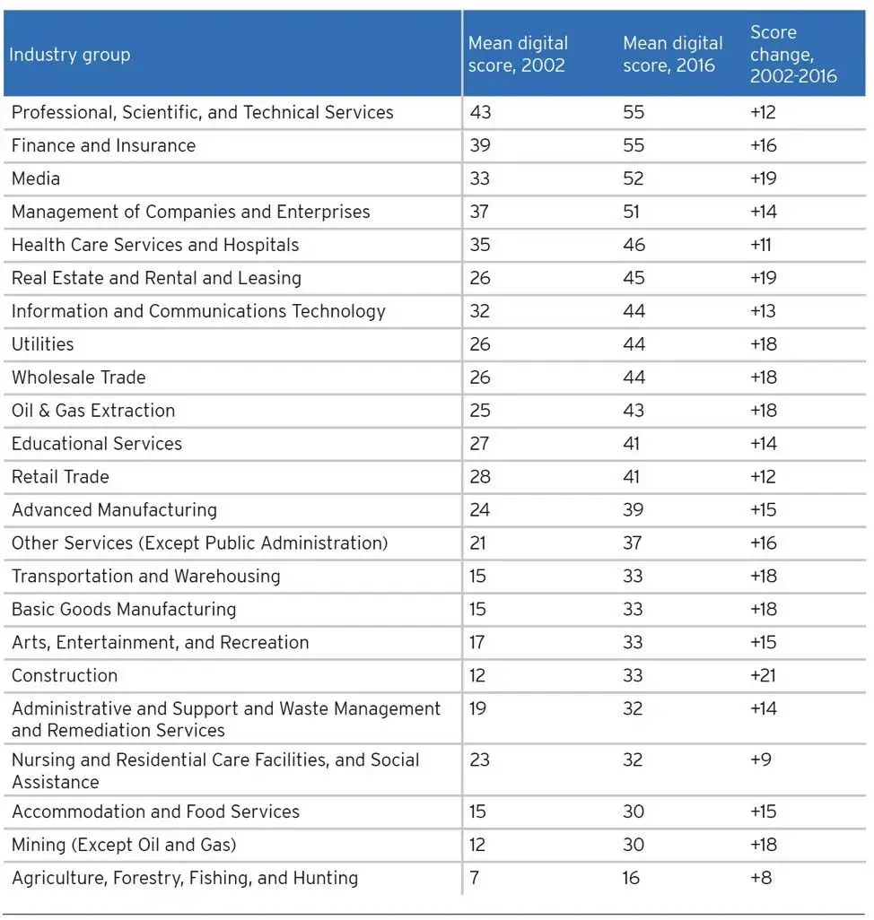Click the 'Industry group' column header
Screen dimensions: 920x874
pyautogui.click(x=69, y=55)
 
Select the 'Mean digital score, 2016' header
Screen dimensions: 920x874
pyautogui.click(x=672, y=55)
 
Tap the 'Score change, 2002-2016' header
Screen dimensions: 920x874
pyautogui.click(x=793, y=55)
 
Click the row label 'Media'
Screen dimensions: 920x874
pyautogui.click(x=36, y=178)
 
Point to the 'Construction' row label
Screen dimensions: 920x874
pyautogui.click(x=65, y=675)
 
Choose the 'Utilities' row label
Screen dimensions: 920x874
pyautogui.click(x=43, y=344)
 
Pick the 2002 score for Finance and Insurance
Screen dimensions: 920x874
pyautogui.click(x=480, y=145)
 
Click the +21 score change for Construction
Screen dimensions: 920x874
pyautogui.click(x=764, y=675)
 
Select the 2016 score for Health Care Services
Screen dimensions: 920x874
pyautogui.click(x=634, y=245)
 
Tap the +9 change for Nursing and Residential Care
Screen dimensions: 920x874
pyautogui.click(x=760, y=759)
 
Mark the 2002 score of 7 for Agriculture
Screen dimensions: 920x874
pyautogui.click(x=475, y=878)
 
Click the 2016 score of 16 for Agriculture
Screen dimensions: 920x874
pyautogui.click(x=632, y=878)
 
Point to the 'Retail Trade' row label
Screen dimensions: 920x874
pyautogui.click(x=60, y=477)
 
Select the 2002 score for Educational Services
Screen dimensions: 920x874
pyautogui.click(x=480, y=444)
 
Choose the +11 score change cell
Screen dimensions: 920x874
pyautogui.click(x=761, y=245)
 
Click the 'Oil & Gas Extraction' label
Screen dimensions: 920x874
pyautogui.click(x=93, y=411)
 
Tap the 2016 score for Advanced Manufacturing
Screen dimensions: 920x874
pyautogui.click(x=634, y=510)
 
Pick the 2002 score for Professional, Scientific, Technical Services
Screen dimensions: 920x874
pyautogui.click(x=480, y=112)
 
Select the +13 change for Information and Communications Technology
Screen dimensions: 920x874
pyautogui.click(x=764, y=311)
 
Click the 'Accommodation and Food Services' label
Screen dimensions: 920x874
pyautogui.click(x=155, y=812)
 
